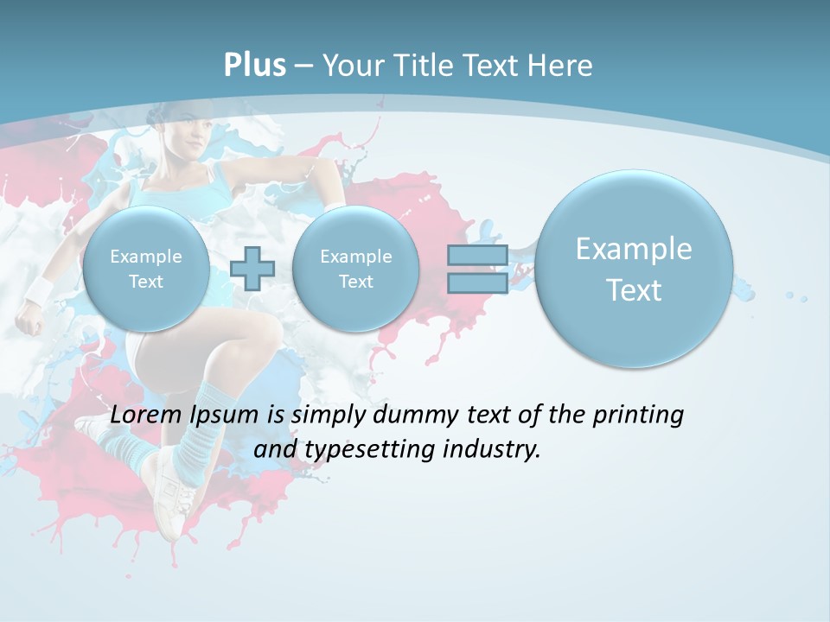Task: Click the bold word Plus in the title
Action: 254,66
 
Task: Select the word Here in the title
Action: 562,66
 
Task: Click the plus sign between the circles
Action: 252,268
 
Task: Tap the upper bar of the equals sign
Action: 476,256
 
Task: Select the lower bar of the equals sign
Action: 476,282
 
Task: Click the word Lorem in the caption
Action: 146,415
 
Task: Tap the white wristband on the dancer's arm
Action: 36,291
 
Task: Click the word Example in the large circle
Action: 634,249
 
